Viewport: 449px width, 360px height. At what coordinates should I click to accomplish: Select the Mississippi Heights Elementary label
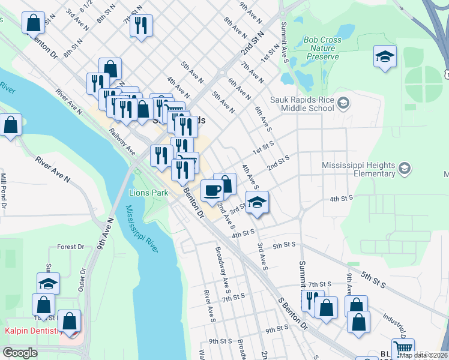tap(358, 169)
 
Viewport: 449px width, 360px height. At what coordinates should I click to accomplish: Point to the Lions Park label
tap(148, 193)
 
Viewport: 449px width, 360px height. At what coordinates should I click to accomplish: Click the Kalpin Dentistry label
tap(34, 331)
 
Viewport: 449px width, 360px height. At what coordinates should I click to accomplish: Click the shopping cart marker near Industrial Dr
tap(403, 349)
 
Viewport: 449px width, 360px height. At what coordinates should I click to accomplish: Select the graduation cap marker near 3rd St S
tap(257, 203)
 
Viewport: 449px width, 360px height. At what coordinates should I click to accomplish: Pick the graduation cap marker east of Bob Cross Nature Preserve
tap(384, 57)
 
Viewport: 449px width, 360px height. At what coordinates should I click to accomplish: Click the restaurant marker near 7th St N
tap(141, 26)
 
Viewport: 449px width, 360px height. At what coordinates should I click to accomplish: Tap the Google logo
tap(20, 353)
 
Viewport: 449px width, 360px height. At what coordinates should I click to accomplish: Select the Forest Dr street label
tap(70, 247)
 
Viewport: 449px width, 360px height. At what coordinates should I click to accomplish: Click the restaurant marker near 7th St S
tap(312, 299)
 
